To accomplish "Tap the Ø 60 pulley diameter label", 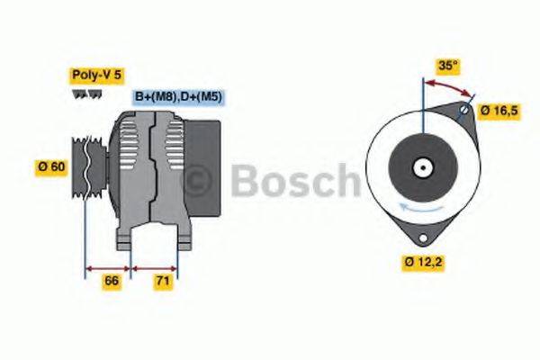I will coord(50,168).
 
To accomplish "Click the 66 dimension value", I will coord(112,282).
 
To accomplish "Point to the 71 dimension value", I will coord(163,282).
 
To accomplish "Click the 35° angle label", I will coord(448,66).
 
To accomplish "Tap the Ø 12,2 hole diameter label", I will coord(422,263).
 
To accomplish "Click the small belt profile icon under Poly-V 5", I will coord(80,93).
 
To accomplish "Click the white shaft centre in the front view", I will coord(421,166).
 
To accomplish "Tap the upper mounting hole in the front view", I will coord(463,111).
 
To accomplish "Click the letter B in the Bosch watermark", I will coord(246,182).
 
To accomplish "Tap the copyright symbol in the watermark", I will coord(197,182).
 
